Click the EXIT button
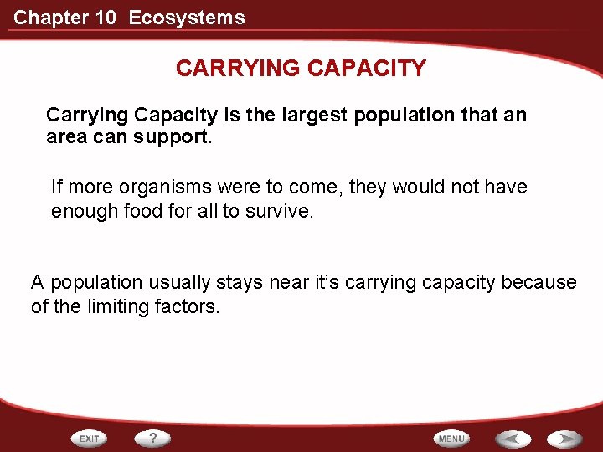coord(90,438)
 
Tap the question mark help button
coord(153,438)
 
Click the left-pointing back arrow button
coord(513,439)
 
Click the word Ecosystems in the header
coord(187,18)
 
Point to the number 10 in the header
coord(106,18)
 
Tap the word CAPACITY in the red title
coord(366,69)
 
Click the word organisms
coord(149,187)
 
